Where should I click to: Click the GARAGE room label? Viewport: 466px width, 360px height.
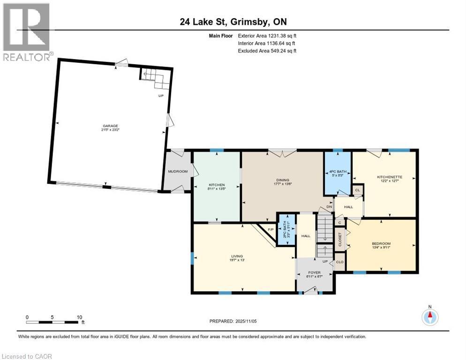click(x=111, y=126)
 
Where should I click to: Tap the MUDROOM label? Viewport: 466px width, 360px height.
click(x=178, y=172)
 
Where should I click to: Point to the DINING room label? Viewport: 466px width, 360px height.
click(x=282, y=180)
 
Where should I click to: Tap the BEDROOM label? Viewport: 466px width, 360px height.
click(x=381, y=244)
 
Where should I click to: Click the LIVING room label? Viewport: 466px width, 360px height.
click(x=236, y=256)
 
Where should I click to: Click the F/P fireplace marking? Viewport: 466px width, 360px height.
click(x=270, y=230)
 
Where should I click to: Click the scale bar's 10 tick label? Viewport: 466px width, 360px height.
click(x=79, y=317)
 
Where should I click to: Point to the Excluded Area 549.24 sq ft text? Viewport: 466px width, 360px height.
click(x=267, y=51)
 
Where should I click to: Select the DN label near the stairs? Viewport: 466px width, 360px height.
click(x=329, y=207)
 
